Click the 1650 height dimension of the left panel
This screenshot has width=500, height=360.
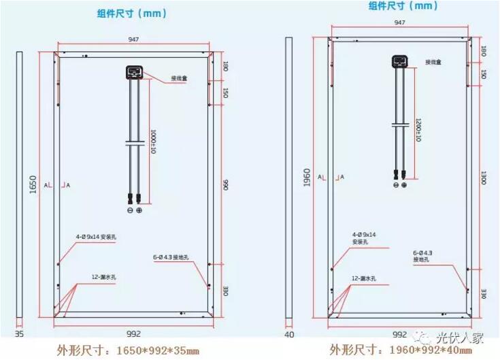pyautogui.click(x=33, y=184)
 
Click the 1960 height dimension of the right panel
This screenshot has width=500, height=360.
pyautogui.click(x=306, y=179)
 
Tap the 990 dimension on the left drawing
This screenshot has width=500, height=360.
pyautogui.click(x=224, y=184)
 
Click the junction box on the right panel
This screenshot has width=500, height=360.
pyautogui.click(x=400, y=62)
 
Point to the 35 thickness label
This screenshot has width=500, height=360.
pyautogui.click(x=19, y=334)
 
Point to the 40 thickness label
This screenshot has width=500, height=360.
pyautogui.click(x=288, y=334)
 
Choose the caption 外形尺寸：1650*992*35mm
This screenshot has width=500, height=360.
pyautogui.click(x=124, y=350)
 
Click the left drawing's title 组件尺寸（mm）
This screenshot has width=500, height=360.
pyautogui.click(x=132, y=13)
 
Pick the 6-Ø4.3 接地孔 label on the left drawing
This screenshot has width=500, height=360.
pyautogui.click(x=175, y=257)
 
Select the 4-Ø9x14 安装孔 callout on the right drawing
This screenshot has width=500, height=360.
pyautogui.click(x=364, y=238)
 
